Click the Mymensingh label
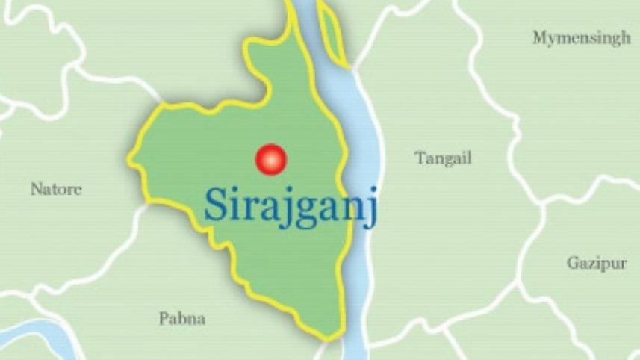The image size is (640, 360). pyautogui.click(x=581, y=39)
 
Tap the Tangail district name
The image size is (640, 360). pyautogui.click(x=444, y=158)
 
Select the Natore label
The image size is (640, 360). pyautogui.click(x=56, y=190)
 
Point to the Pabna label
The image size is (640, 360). pyautogui.click(x=182, y=320)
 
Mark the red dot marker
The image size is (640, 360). pyautogui.click(x=270, y=159)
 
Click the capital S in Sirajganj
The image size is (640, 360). pyautogui.click(x=216, y=205)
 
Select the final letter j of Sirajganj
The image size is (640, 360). pyautogui.click(x=372, y=208)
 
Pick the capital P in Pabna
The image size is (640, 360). pyautogui.click(x=164, y=320)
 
